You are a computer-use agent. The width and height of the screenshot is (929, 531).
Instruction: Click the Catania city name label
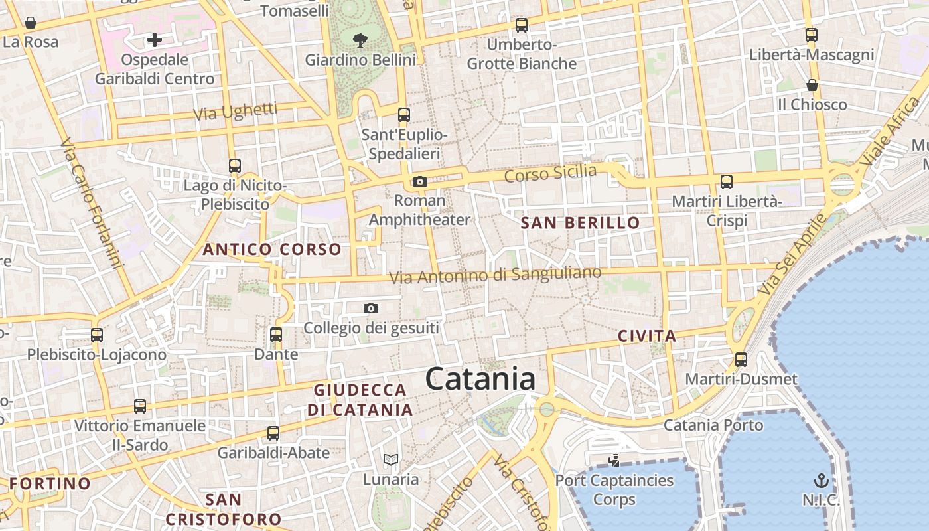pos(480,379)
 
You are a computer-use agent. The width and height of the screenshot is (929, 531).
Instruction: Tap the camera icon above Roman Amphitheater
pos(419,181)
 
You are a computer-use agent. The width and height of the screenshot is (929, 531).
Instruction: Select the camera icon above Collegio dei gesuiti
pos(371,308)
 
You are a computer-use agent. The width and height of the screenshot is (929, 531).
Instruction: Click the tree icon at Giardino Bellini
pos(360,40)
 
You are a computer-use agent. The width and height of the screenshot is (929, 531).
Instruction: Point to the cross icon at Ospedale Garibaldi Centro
pos(155,40)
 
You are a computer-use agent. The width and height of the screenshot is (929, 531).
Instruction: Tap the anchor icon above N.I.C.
pos(822,481)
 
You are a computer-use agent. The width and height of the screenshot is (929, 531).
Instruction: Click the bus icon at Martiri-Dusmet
pos(741,360)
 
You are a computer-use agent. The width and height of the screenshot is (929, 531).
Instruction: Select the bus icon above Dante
pos(276,335)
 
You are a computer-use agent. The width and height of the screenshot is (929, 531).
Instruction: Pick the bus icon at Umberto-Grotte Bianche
pos(522,25)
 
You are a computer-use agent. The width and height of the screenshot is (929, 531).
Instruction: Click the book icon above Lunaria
pos(391,459)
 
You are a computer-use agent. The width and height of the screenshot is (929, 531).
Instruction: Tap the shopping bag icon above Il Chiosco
pos(812,85)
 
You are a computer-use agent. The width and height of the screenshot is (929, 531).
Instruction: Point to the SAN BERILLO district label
pos(580,223)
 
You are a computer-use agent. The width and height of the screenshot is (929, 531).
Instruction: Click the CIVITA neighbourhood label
pos(647,336)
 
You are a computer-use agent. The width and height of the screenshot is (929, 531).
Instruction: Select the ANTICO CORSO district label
pos(272,250)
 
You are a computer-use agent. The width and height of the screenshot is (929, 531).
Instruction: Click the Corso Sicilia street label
pos(550,173)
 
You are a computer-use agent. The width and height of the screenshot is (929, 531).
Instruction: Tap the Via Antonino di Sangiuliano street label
pos(495,275)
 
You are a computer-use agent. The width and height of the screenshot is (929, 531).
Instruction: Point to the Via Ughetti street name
pos(235,112)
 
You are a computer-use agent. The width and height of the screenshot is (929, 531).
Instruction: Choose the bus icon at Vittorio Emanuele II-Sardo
pos(139,406)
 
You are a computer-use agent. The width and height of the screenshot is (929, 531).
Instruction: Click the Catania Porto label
pos(713,425)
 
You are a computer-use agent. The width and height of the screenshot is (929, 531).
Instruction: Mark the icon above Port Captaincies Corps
pos(614,460)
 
